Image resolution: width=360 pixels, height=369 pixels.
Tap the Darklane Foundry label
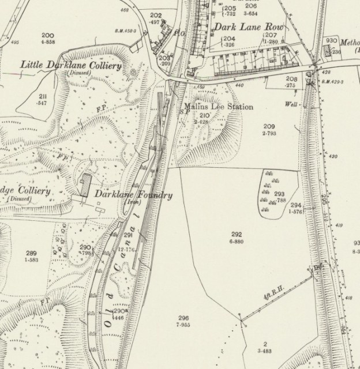click(x=133, y=195)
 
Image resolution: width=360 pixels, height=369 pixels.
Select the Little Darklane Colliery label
click(x=70, y=65)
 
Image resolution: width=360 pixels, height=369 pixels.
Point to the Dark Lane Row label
click(x=242, y=27)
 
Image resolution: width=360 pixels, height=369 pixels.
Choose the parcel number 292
click(x=236, y=234)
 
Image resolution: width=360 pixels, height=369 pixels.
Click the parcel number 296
click(x=183, y=318)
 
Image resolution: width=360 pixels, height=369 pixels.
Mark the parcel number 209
click(x=269, y=126)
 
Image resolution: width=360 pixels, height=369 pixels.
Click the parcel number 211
click(x=43, y=96)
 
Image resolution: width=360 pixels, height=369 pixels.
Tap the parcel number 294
click(x=296, y=205)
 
